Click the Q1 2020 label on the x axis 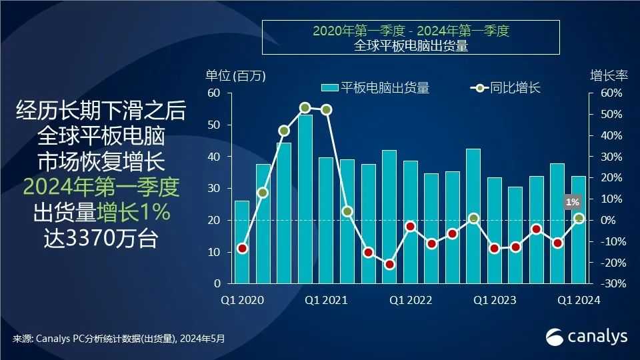click(242, 301)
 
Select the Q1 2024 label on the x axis click(579, 301)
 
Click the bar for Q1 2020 click(242, 241)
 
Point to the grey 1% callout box click(572, 201)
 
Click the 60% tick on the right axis click(611, 93)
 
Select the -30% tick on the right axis click(609, 284)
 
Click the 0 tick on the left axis click(217, 284)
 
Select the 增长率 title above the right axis click(609, 75)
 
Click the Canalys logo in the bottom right click(587, 337)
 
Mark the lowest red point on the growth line click(389, 264)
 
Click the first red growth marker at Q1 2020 click(242, 249)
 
